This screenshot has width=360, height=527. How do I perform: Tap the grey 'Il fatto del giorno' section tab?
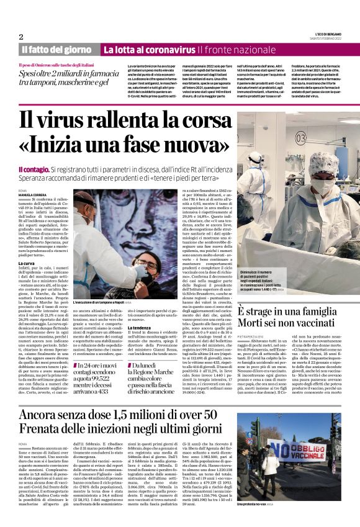point(58,49)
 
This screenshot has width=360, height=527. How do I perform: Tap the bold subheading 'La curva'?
point(27,263)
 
